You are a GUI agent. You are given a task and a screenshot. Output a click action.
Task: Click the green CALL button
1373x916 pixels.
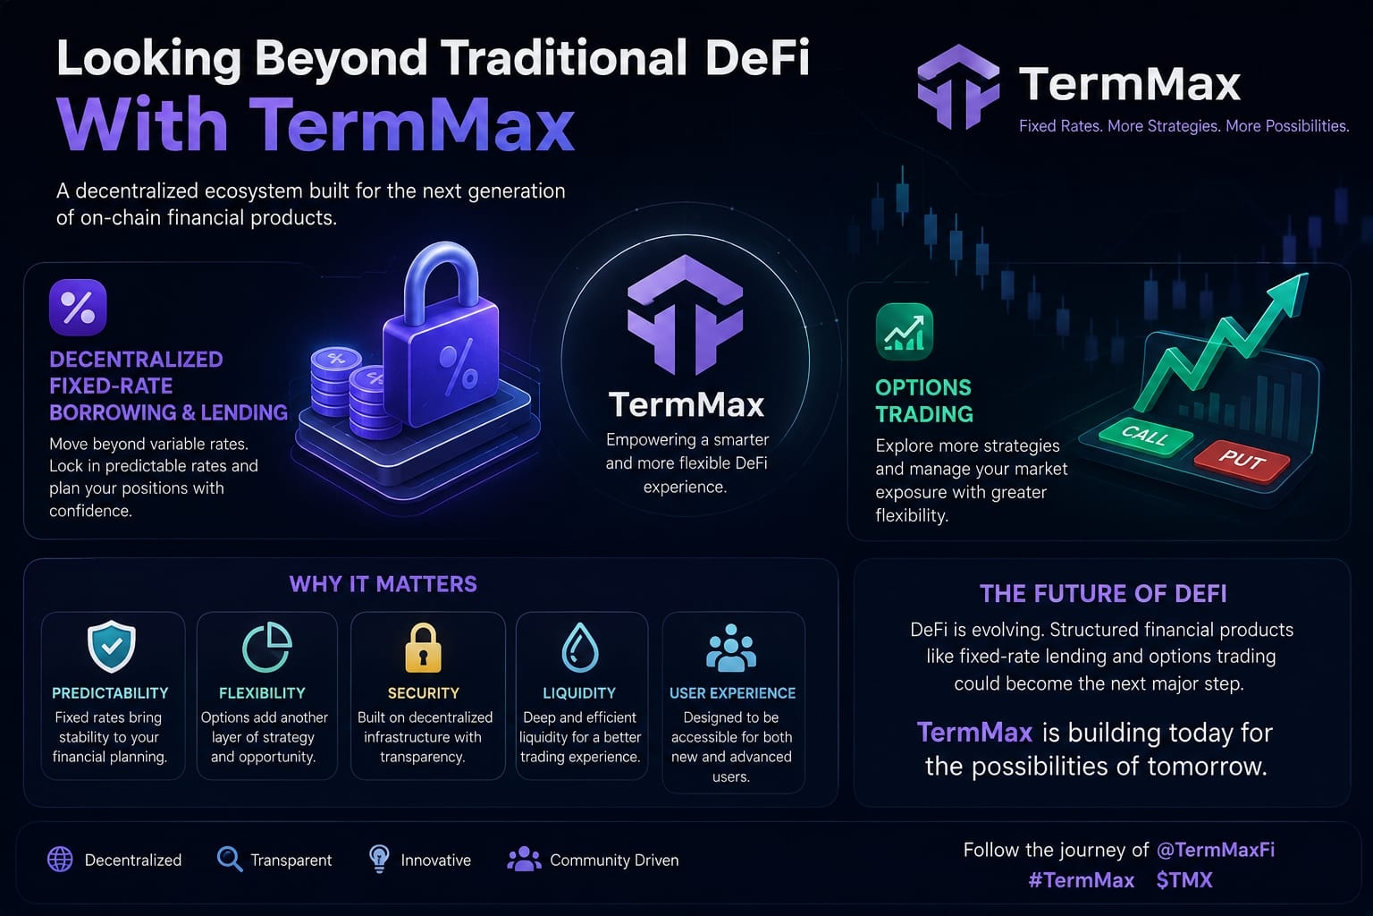(1146, 437)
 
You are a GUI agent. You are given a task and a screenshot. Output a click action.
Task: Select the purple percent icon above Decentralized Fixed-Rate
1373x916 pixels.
(78, 308)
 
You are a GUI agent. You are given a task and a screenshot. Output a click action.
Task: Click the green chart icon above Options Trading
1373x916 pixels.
(904, 331)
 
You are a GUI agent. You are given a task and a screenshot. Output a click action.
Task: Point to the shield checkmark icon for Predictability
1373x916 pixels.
(111, 647)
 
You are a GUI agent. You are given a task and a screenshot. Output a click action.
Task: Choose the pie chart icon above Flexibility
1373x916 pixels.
(267, 648)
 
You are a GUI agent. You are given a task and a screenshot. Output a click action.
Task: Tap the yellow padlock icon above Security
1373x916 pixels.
(423, 648)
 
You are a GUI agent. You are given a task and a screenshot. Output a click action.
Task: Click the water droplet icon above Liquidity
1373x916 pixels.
(580, 648)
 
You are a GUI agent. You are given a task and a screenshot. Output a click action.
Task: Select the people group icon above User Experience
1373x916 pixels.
(730, 648)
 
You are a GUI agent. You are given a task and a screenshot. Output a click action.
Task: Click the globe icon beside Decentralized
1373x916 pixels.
(60, 859)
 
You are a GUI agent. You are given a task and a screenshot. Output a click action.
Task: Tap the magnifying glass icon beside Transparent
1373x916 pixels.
(230, 859)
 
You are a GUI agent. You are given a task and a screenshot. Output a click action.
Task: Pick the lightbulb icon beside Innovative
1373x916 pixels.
(379, 859)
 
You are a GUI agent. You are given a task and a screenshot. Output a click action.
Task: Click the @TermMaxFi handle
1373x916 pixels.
(1215, 850)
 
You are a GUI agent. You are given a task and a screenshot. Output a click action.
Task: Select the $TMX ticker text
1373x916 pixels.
(1184, 880)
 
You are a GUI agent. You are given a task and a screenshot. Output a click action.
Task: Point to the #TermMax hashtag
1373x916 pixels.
(1082, 880)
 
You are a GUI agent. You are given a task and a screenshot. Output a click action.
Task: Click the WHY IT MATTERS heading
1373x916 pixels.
(383, 584)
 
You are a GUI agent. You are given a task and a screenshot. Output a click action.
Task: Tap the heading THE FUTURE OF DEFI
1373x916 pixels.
(1103, 594)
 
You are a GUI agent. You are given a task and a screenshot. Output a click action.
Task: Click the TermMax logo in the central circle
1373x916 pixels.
(686, 315)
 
